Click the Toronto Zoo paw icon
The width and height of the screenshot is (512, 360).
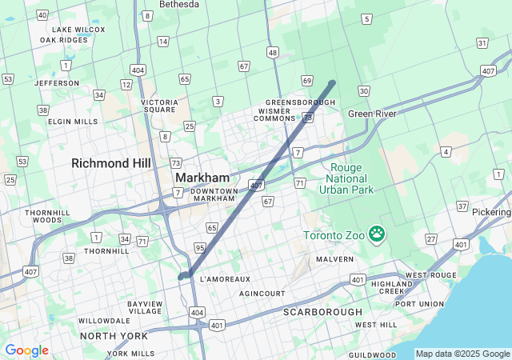tap(376, 234)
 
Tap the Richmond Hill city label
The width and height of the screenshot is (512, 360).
tap(111, 162)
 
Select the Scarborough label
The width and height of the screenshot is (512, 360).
tap(322, 311)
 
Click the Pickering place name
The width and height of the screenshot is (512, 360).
tap(491, 212)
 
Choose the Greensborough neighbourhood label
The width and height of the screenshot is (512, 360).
tap(300, 102)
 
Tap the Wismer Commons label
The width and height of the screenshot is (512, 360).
tap(274, 114)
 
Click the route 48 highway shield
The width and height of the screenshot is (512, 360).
tap(273, 53)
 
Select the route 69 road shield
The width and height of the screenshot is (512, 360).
tap(307, 80)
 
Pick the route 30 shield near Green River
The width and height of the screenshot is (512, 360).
tap(364, 91)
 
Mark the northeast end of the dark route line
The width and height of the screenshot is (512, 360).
tap(332, 82)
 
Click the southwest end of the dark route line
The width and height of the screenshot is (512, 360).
tap(182, 276)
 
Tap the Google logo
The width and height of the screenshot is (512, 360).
tap(26, 350)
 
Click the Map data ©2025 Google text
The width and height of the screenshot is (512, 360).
tap(462, 354)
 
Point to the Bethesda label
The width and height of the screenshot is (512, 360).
tap(179, 4)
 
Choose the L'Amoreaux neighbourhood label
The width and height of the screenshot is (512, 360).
tap(225, 279)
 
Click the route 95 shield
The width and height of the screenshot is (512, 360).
tap(200, 248)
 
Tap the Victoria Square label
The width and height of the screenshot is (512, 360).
tap(158, 106)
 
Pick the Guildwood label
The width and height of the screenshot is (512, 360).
tap(372, 354)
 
